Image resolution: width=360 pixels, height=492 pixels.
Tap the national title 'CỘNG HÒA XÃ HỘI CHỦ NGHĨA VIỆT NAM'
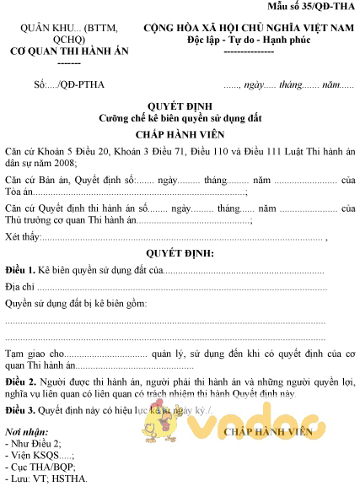(x=247, y=29)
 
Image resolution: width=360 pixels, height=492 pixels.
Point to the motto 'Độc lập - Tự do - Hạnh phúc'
(x=248, y=41)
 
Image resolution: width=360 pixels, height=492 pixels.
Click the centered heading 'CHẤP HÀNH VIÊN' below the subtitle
(x=180, y=135)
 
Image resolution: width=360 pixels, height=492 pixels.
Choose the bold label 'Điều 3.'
(x=19, y=411)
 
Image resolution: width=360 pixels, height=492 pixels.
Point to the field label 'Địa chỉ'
(x=20, y=288)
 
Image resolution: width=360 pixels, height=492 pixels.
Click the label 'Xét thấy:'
(x=23, y=236)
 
